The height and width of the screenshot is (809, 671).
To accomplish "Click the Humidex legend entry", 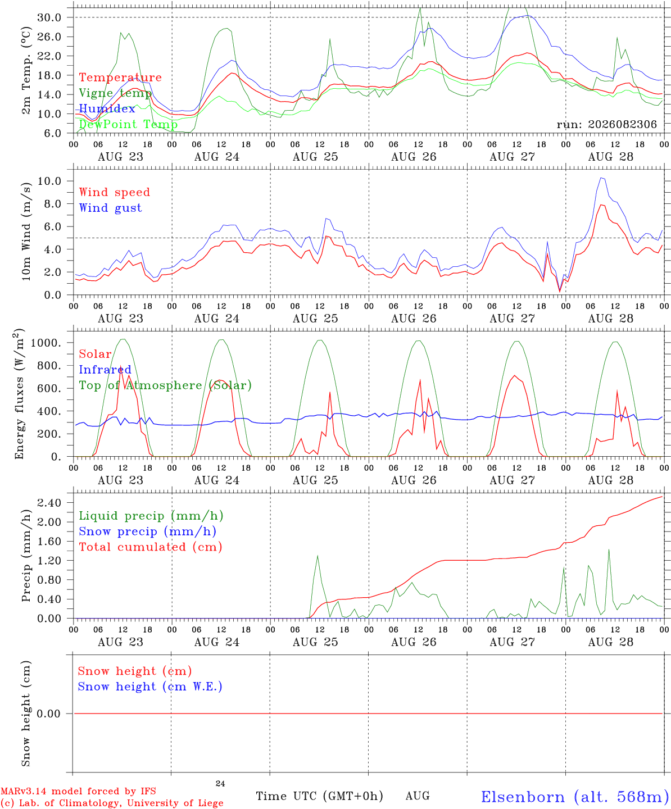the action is coord(107,108).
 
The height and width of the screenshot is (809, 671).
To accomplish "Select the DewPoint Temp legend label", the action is coord(128,124).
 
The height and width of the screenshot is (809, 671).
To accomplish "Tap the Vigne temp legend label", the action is coord(115,93).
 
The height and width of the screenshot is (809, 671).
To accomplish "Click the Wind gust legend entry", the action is coord(111,208).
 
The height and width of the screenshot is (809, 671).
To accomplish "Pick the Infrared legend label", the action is coord(105,370).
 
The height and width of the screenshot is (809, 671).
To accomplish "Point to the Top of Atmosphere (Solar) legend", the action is coord(166,385).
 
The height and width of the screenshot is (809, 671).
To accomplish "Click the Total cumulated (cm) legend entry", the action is coord(151,547).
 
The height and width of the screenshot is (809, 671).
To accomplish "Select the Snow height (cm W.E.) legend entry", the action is coord(150,687).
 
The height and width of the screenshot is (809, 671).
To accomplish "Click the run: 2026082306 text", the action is coord(607,124).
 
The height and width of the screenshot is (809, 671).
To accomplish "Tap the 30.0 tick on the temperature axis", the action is coord(49,17).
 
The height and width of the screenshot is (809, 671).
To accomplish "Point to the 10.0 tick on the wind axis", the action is coord(49,181).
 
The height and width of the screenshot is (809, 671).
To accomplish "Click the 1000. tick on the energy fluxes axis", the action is coord(46,343).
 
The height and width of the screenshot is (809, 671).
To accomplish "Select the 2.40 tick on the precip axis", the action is coord(49,503).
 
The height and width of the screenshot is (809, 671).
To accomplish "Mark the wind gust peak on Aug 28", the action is coord(601,178).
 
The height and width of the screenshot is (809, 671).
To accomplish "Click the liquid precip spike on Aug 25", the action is coord(318,556).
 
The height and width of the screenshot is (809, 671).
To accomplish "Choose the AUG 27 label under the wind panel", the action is coord(512,319).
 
